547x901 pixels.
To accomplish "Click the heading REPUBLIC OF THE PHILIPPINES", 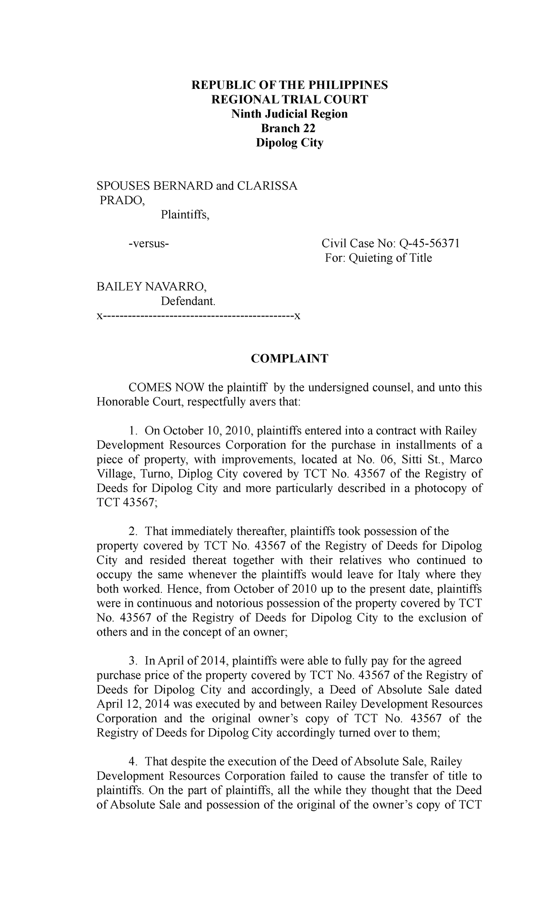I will (x=289, y=85).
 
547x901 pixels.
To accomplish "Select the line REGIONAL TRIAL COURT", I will (x=289, y=99).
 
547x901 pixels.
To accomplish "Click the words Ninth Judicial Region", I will (x=289, y=114).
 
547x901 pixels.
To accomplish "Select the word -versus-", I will (x=149, y=243).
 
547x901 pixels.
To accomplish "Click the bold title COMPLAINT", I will (x=289, y=359).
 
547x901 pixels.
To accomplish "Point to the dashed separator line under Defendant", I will (x=199, y=316).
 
